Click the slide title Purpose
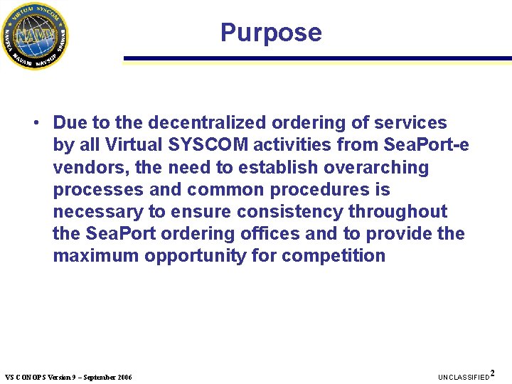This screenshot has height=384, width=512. click(x=271, y=33)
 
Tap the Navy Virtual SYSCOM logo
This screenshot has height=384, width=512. click(x=34, y=35)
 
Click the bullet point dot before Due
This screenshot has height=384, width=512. click(x=35, y=123)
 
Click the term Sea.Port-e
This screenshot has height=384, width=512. click(x=426, y=145)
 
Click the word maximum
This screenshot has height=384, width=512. click(x=95, y=256)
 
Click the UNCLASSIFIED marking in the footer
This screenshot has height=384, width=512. click(x=464, y=377)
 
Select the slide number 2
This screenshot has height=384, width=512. click(x=493, y=373)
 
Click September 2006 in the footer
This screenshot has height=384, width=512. click(x=108, y=377)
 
